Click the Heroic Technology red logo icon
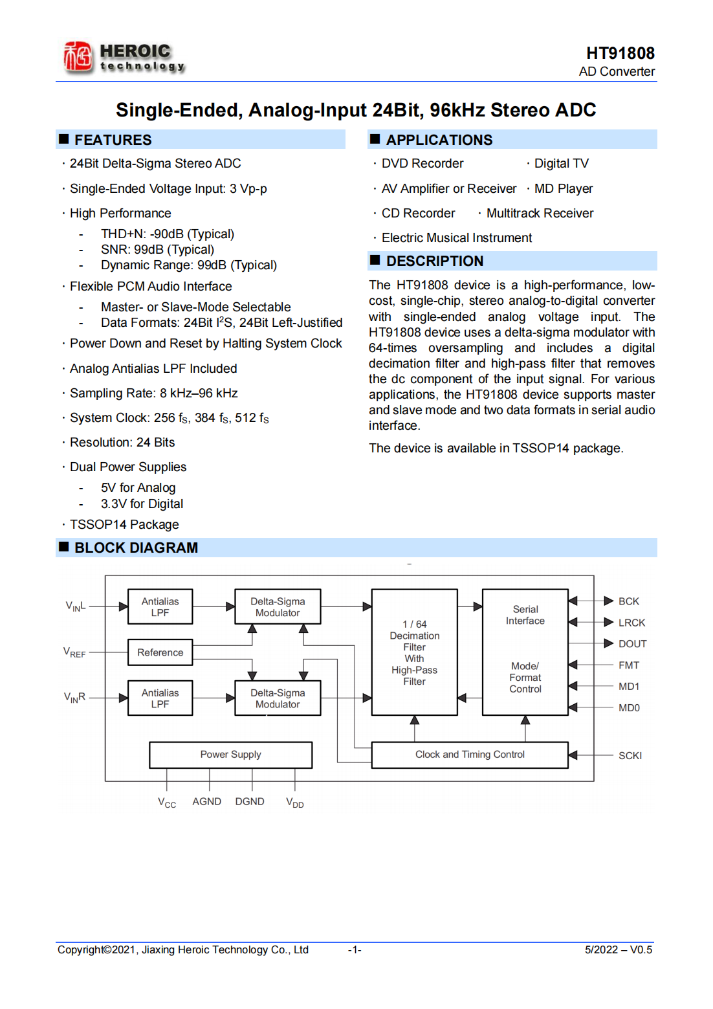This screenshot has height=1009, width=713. coord(78,57)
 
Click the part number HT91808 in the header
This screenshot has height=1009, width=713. coord(620,53)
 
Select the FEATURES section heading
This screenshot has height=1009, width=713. coord(113,140)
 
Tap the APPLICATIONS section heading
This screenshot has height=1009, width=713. coord(439,140)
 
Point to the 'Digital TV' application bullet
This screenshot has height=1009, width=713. coord(561,164)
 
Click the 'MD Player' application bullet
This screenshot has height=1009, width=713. coord(563,188)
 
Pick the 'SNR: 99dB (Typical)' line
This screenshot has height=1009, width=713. coord(157,249)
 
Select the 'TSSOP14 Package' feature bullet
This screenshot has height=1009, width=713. coord(124,524)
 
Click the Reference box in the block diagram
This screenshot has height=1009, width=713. coord(160,652)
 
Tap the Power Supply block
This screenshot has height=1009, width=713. coord(230,755)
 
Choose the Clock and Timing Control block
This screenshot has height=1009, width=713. coord(470,755)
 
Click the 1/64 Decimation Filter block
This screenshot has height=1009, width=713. coord(414,652)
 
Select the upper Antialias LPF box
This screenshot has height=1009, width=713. coord(160,606)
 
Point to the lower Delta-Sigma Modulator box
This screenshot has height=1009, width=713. coord(278,698)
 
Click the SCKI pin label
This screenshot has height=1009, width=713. coord(630,755)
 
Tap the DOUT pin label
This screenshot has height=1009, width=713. coord(632,644)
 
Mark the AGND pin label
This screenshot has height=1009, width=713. coord(206,801)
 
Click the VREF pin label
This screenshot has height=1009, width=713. coord(74,652)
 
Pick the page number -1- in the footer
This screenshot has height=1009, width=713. coord(355,949)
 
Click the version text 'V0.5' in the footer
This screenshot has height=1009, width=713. coord(641,949)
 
